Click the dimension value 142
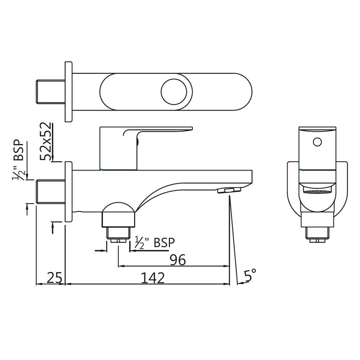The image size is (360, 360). [x=153, y=278]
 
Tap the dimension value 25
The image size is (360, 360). [x=54, y=278]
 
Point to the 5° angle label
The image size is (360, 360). [x=250, y=275]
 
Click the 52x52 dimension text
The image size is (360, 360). [x=45, y=141]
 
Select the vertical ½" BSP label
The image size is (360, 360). [x=19, y=159]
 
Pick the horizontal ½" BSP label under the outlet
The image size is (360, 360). [x=154, y=242]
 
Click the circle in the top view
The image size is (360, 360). [x=176, y=91]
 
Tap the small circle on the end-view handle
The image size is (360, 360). [x=317, y=142]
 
